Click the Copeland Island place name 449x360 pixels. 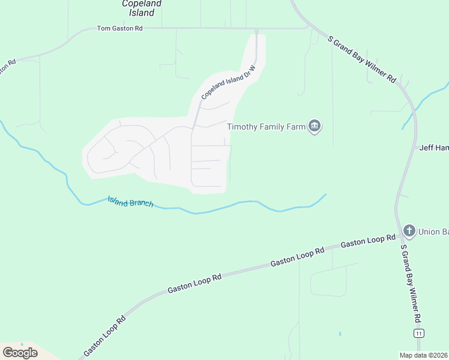tap(142, 7)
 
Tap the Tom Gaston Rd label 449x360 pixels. tap(120, 28)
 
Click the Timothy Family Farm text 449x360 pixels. tap(265, 126)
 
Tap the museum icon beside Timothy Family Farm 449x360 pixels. tap(315, 126)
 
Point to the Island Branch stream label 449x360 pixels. tap(130, 202)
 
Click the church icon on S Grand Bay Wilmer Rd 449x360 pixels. tap(409, 230)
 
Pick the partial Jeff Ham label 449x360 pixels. tap(434, 148)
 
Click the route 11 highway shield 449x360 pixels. tap(418, 333)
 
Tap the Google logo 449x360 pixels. tap(20, 353)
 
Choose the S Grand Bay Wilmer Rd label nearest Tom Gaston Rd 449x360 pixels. tap(363, 59)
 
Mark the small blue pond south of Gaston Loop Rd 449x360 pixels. tap(339, 334)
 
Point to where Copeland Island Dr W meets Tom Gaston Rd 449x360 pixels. tap(256, 28)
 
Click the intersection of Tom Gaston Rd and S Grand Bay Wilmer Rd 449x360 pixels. tap(309, 27)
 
